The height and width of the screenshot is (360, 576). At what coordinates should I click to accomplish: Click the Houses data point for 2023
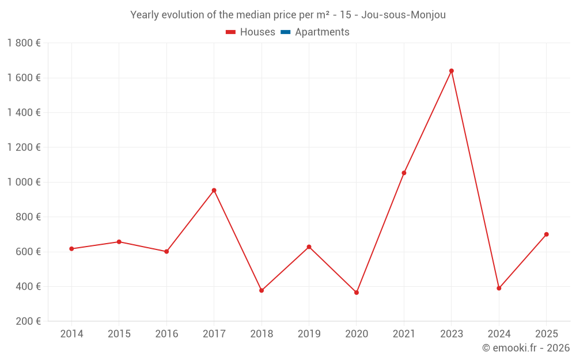click(451, 71)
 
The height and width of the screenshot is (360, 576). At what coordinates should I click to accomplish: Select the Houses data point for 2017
click(214, 190)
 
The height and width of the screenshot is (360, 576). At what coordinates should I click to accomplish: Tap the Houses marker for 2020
click(357, 293)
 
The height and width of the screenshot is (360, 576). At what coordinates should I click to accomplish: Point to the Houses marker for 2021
click(404, 173)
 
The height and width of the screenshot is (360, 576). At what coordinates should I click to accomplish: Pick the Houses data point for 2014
click(71, 249)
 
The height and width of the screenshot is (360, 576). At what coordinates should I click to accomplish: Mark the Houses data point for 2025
click(546, 234)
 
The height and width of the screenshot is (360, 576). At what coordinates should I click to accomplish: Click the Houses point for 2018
click(262, 290)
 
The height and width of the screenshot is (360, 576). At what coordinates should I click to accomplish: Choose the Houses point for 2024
click(499, 288)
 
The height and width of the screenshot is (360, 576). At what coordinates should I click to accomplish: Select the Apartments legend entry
click(322, 32)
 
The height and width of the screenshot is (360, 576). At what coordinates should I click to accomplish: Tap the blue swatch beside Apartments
click(285, 32)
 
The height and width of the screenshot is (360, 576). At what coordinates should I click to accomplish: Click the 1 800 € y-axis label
click(24, 43)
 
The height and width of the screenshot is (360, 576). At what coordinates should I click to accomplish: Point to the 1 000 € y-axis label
click(24, 182)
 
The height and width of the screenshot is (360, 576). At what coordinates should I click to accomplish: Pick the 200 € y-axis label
click(28, 321)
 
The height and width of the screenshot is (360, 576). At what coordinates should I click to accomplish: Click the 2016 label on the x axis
click(166, 334)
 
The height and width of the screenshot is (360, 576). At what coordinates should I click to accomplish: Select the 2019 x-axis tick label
click(309, 334)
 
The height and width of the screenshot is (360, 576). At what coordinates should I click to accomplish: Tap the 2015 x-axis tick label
click(119, 334)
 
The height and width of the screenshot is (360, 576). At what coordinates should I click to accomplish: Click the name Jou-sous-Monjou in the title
click(403, 15)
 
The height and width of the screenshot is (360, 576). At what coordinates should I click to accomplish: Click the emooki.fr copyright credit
click(526, 348)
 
